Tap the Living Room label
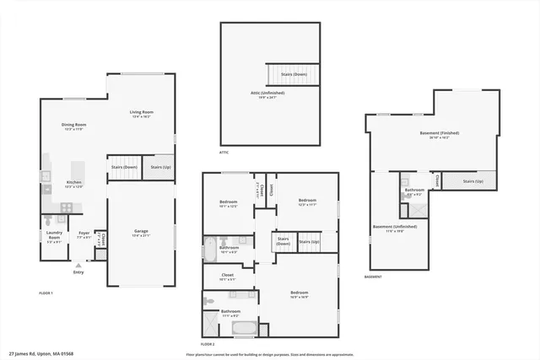pos(141,113)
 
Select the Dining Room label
pos(74,126)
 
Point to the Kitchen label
pos(74,183)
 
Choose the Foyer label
pos(84,234)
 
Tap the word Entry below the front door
pos(78,271)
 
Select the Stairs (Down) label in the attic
pos(294,74)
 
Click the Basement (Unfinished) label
pos(394,227)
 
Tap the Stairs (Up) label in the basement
pos(473,181)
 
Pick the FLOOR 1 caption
pos(46,293)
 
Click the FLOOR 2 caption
pos(208,345)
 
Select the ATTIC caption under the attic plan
pos(224,153)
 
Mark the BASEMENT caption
pos(373,277)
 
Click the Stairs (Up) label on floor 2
pos(309,242)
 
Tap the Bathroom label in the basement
pos(414,191)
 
